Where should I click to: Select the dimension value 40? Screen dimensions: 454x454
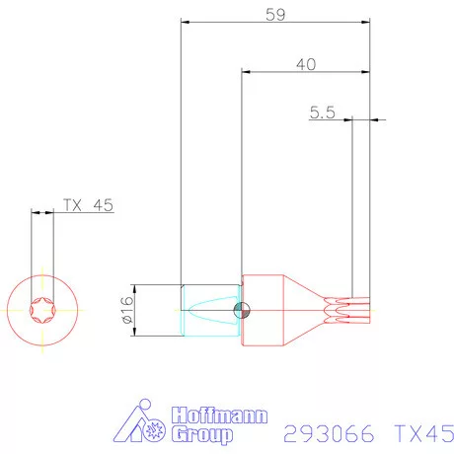[305, 64]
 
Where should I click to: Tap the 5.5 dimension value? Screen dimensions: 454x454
[322, 113]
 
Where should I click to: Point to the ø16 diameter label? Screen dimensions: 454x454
[126, 311]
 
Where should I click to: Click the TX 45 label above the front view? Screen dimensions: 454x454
[89, 205]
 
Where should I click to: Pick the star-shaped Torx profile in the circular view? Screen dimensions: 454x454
[41, 309]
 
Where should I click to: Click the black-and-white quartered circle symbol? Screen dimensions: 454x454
[242, 310]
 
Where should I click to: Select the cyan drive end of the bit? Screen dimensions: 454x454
[209, 310]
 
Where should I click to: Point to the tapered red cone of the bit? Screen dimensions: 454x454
[306, 310]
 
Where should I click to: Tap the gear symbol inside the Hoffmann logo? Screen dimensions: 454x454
[155, 432]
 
